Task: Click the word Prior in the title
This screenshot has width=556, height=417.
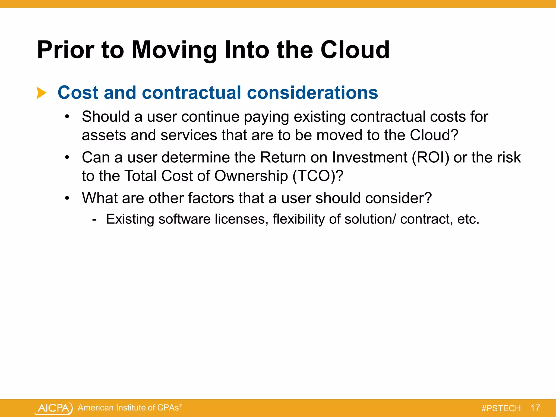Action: [65, 50]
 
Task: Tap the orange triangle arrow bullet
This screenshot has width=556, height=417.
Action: [41, 93]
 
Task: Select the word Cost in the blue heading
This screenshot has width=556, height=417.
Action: [78, 93]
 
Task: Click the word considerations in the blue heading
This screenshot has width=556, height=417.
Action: [312, 93]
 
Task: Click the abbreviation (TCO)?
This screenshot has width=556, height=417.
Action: [318, 176]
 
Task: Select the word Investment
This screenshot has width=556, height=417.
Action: [369, 157]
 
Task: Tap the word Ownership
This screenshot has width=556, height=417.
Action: [251, 176]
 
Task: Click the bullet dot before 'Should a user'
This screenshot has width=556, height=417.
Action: [67, 117]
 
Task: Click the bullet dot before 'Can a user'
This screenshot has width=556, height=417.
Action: [67, 157]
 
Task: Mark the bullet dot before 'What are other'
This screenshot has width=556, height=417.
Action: [67, 198]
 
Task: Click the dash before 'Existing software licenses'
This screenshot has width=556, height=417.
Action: [94, 219]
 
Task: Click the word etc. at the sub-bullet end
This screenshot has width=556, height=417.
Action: [468, 219]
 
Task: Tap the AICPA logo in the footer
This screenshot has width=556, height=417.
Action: [54, 408]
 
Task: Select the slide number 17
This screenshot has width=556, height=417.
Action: [535, 408]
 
